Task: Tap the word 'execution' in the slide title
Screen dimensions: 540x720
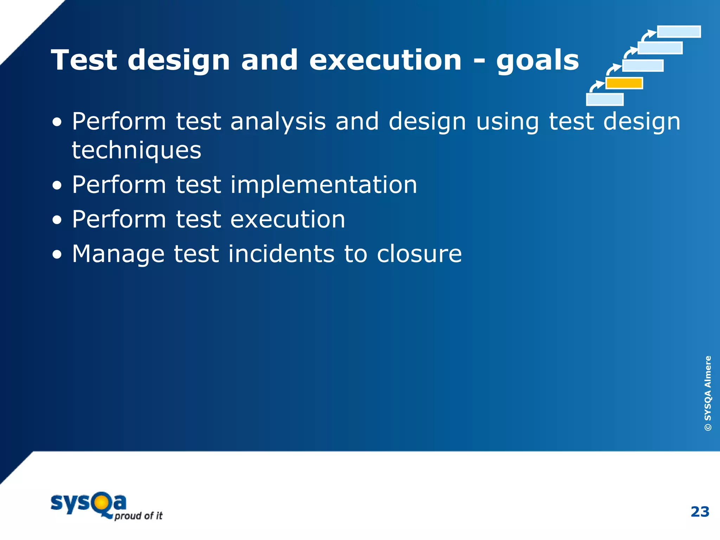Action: (x=385, y=60)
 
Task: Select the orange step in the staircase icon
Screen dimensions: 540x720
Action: (x=624, y=83)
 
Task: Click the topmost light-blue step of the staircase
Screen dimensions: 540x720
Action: (x=679, y=32)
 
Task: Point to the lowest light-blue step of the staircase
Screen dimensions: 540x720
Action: (x=605, y=99)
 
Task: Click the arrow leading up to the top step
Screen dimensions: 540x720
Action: (x=648, y=35)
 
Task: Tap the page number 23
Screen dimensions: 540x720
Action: (x=700, y=512)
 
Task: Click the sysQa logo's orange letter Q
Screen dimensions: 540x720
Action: (x=101, y=503)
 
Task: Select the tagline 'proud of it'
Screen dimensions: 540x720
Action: (x=139, y=516)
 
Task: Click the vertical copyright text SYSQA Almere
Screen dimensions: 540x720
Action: (x=708, y=393)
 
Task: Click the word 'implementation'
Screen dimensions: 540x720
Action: (x=323, y=185)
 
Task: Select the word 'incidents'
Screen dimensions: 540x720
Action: (x=281, y=254)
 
